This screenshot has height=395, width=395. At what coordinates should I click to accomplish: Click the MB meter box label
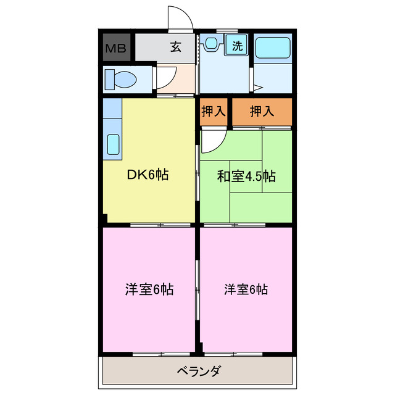tap(117, 48)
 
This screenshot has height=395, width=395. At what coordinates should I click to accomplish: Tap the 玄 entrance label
tap(176, 47)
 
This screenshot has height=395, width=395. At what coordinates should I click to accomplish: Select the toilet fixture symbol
tap(120, 78)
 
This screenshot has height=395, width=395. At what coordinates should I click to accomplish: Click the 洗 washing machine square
tap(237, 45)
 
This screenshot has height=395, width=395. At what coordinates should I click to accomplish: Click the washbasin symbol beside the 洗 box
tap(212, 43)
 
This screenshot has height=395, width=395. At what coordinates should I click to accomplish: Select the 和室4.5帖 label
tap(246, 176)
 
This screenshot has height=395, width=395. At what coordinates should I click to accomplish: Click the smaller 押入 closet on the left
tap(214, 112)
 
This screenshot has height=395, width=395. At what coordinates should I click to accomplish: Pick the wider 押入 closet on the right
tap(262, 112)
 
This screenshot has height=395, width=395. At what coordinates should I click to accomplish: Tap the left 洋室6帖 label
tap(149, 289)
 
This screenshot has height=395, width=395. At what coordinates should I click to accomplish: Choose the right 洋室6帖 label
tap(245, 289)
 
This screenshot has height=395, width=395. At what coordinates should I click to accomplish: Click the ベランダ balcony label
tap(198, 372)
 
